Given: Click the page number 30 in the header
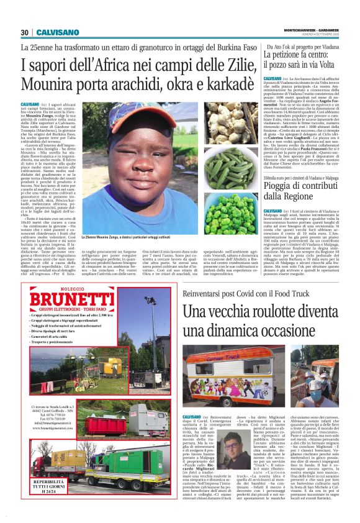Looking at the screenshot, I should (25, 33).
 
